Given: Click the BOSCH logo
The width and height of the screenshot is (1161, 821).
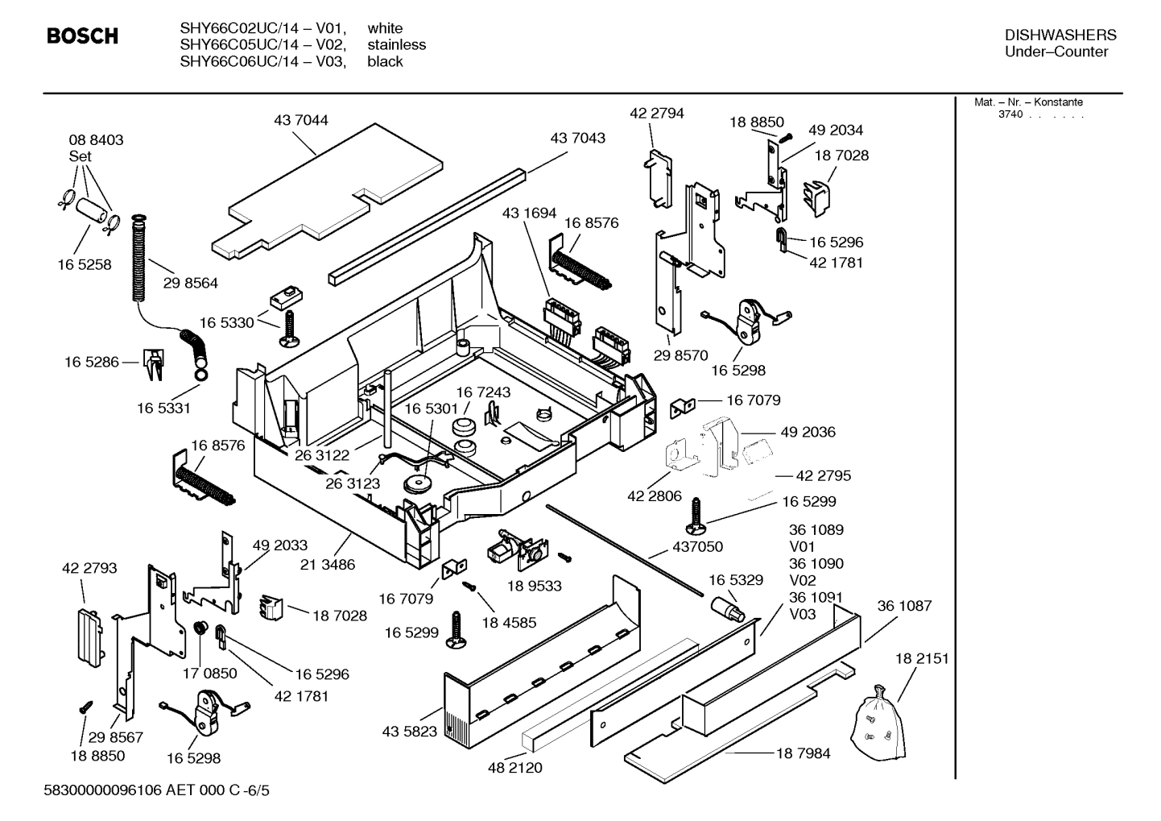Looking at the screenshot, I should point(82,36).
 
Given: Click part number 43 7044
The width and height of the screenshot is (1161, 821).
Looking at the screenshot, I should point(301,121).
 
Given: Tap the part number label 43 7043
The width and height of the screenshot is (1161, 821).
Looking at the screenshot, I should point(577,139).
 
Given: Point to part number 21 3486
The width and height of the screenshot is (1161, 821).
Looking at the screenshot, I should point(328,565).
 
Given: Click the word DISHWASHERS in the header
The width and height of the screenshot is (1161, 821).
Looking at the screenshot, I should point(1060,35).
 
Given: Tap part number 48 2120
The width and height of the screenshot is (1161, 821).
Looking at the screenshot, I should point(515,768).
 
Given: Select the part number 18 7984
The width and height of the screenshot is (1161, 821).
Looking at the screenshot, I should point(803,753).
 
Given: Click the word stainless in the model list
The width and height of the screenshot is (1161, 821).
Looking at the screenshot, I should point(396,45).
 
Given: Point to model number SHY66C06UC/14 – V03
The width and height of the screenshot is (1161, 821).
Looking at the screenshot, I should point(262,62).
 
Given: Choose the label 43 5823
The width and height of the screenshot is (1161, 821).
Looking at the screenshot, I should point(409,732).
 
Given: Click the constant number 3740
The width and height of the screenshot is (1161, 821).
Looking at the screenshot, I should point(1010,114).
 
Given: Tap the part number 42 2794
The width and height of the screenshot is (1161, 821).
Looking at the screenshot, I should point(657,114).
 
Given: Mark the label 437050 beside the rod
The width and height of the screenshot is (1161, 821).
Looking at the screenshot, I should point(697,547).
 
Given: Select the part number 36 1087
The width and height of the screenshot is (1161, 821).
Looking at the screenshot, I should point(904,606).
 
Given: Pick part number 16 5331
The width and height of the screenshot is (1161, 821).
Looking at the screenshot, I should point(163,408).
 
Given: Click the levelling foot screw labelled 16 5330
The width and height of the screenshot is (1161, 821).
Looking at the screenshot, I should point(288,330).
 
